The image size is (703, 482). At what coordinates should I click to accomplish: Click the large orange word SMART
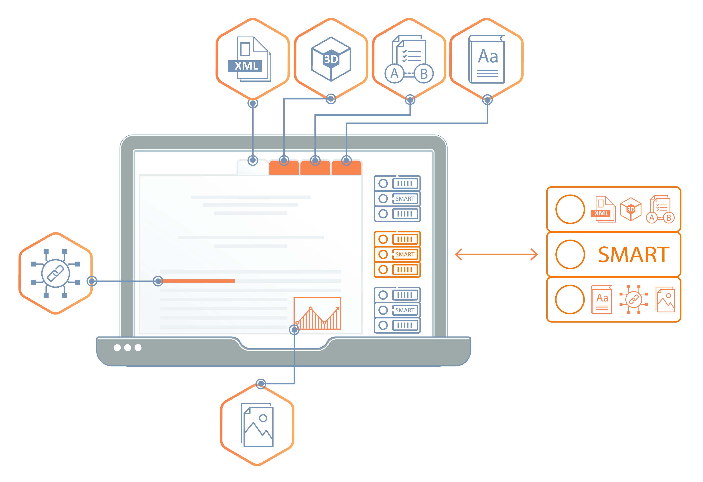tap(634, 255)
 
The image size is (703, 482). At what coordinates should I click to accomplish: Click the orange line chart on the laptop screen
tap(317, 313)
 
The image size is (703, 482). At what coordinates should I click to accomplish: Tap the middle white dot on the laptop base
tap(128, 348)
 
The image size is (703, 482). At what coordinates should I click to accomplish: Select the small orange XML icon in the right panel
tap(603, 210)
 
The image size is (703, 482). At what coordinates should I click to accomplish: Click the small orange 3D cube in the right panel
tap(631, 209)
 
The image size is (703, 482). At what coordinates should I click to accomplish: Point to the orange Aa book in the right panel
tap(602, 300)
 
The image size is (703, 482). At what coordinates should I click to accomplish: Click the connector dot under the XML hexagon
tap(253, 103)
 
